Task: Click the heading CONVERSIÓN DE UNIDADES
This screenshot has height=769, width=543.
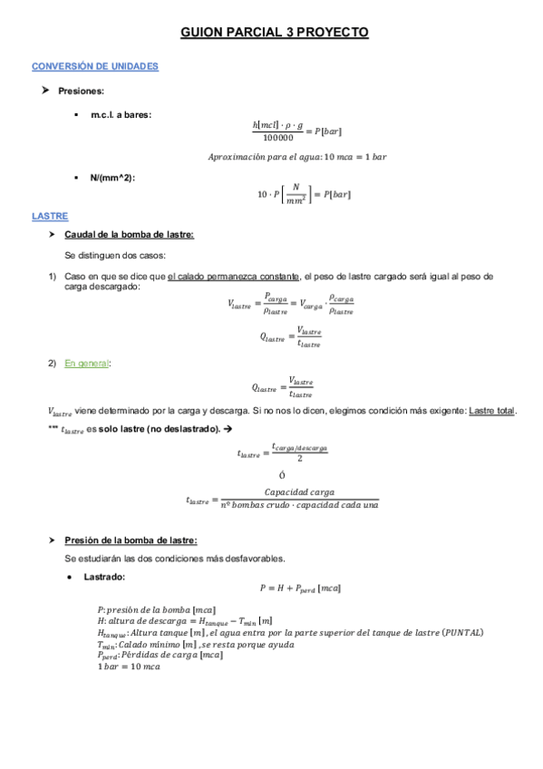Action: (x=95, y=67)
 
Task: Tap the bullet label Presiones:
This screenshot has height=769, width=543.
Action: (x=81, y=91)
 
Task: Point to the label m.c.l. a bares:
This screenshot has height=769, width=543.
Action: (x=121, y=114)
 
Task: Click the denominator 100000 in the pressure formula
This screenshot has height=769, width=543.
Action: (x=277, y=138)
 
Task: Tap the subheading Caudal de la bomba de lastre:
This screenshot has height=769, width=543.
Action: (x=129, y=235)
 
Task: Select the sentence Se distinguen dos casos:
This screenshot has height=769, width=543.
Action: (x=114, y=256)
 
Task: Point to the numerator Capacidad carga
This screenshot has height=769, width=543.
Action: (x=299, y=492)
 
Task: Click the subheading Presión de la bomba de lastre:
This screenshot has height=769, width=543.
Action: (x=124, y=540)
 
